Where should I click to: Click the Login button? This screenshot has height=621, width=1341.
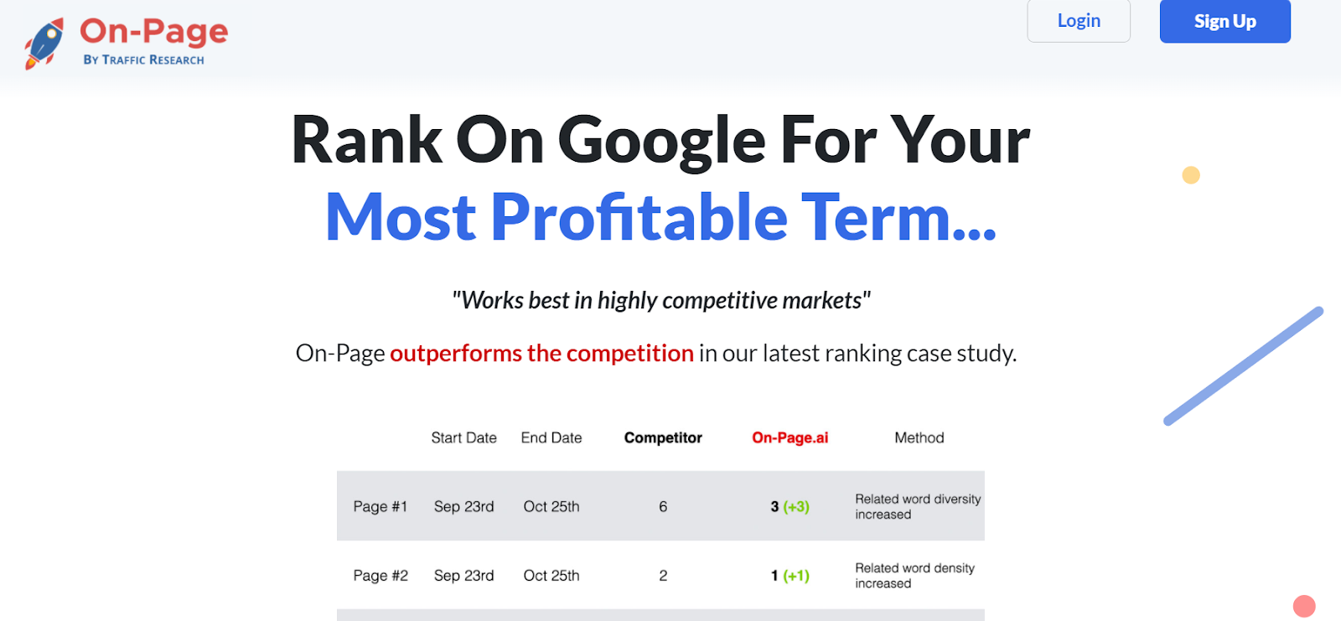[x=1079, y=21]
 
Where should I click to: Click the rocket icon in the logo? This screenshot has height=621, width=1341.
[x=44, y=43]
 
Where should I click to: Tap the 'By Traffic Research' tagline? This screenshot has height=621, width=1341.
[x=143, y=60]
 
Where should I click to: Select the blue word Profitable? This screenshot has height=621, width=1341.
[x=639, y=217]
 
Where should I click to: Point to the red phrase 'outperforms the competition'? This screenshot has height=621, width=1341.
[x=541, y=354]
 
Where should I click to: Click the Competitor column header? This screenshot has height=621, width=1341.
[x=663, y=437]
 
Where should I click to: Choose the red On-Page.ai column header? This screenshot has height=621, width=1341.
[x=790, y=437]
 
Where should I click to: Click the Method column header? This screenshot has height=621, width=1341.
[x=919, y=437]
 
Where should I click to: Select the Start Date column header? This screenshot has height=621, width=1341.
[x=464, y=437]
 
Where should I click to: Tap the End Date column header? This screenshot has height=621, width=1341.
[x=551, y=437]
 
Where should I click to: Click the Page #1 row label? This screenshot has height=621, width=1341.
[x=381, y=507]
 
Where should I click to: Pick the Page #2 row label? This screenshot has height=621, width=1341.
[x=381, y=576]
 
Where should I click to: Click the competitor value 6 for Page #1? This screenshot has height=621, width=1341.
[x=663, y=507]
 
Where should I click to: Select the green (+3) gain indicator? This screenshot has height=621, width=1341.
[x=796, y=507]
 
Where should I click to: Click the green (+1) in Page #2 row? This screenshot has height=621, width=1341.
[x=796, y=576]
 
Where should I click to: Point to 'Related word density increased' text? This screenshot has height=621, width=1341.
[x=914, y=576]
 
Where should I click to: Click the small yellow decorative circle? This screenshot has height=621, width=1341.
[x=1191, y=175]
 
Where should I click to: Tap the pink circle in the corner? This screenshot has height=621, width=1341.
[x=1304, y=606]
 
